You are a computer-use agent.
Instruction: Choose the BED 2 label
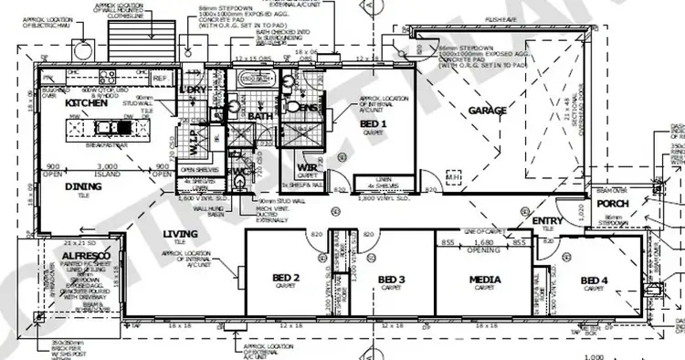[286, 277]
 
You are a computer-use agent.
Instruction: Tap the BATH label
[259, 116]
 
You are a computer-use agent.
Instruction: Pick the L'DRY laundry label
[194, 90]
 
